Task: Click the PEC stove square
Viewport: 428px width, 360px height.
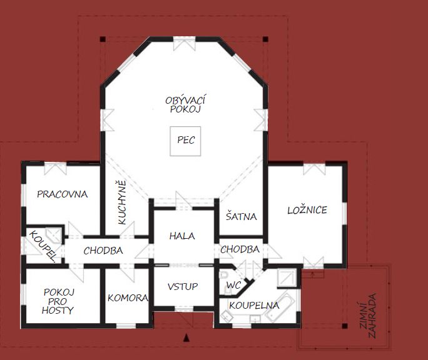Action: (x=185, y=141)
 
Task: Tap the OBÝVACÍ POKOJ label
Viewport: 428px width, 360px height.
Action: (x=185, y=104)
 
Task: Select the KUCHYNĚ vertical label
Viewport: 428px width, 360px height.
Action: (x=122, y=202)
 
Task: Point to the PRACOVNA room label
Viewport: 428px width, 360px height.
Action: (x=62, y=194)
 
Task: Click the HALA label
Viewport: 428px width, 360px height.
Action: (x=182, y=236)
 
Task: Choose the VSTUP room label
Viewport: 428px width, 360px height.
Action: (x=183, y=287)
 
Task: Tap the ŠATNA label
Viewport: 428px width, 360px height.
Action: (x=242, y=216)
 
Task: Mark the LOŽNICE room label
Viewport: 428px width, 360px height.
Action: (x=307, y=210)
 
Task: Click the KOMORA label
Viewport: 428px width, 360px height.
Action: (x=128, y=298)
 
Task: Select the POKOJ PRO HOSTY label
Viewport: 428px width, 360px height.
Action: (x=58, y=301)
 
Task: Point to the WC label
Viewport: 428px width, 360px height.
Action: (x=233, y=285)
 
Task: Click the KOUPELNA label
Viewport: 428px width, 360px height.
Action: (x=254, y=306)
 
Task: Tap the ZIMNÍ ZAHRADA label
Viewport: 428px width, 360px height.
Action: (x=368, y=316)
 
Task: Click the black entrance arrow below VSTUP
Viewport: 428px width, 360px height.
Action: (x=186, y=337)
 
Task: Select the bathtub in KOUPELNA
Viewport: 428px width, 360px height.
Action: (x=280, y=306)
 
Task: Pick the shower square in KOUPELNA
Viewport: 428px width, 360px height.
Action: (x=287, y=278)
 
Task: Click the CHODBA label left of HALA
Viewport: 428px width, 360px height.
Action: (x=103, y=251)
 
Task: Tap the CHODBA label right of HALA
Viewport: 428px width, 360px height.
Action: (x=240, y=249)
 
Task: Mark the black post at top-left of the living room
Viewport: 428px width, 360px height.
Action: (x=103, y=39)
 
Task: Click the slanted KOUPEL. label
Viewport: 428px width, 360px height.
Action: (x=43, y=246)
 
